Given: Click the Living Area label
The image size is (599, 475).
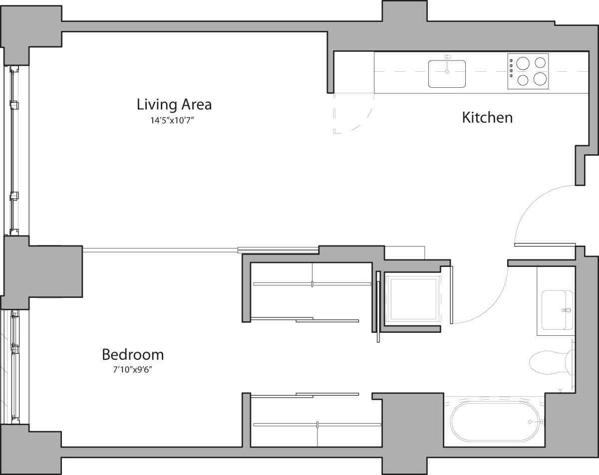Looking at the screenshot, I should point(174,105).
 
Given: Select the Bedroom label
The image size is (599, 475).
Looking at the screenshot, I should point(133,355).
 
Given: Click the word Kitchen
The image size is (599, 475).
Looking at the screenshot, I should point(487,118).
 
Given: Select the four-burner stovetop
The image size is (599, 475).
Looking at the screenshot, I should point(528,71).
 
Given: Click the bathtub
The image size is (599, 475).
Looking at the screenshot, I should point(495,422).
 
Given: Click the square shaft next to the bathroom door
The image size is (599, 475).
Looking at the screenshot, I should point(413,298).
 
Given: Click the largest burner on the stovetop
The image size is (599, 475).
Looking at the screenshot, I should point(523,63).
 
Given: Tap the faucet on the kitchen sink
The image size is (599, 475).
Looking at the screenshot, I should point(447,59).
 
